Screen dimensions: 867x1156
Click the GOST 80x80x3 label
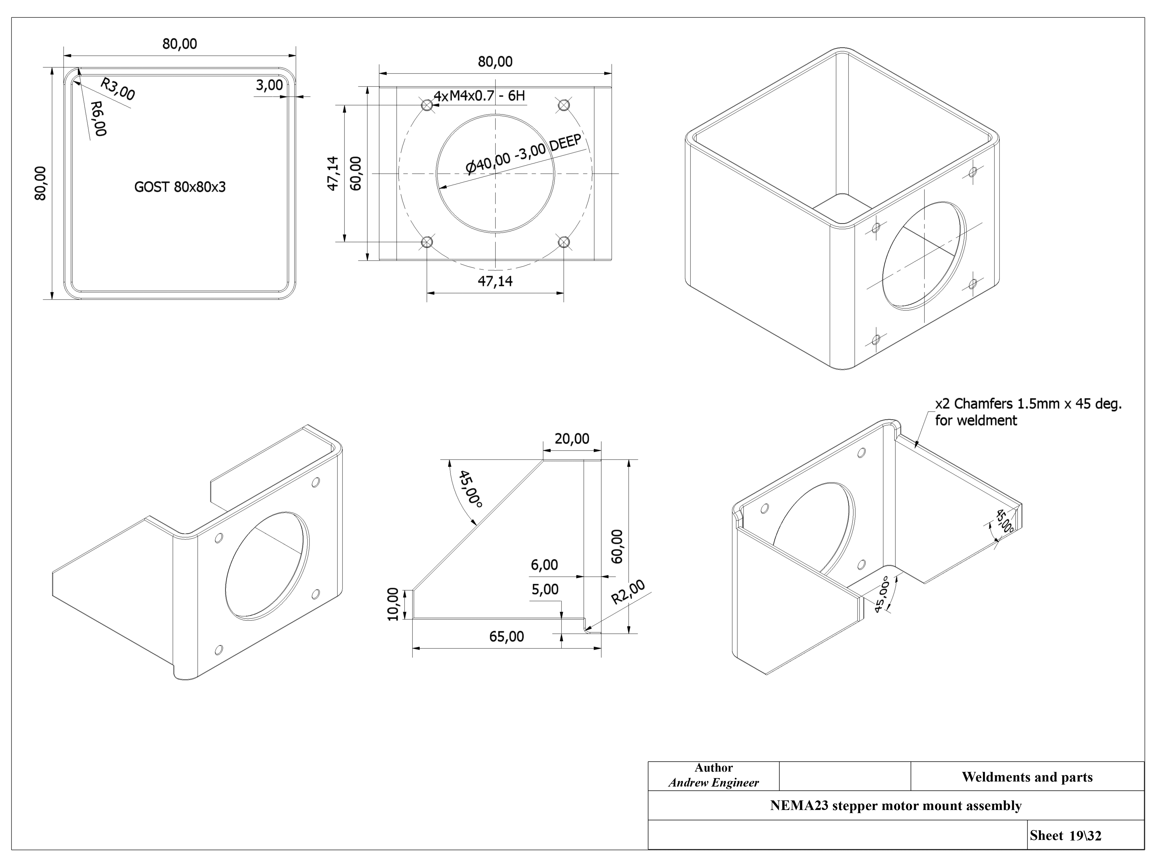180,187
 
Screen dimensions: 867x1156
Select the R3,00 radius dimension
118,89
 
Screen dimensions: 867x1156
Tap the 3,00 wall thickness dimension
269,85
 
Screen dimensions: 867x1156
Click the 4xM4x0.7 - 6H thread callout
479,96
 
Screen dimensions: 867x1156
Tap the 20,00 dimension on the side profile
572,439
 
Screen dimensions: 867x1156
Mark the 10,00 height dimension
393,605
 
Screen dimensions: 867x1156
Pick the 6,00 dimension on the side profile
544,565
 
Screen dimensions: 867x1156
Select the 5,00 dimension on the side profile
544,590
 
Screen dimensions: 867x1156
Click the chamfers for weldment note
1028,412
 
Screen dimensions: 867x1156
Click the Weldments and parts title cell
1027,777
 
